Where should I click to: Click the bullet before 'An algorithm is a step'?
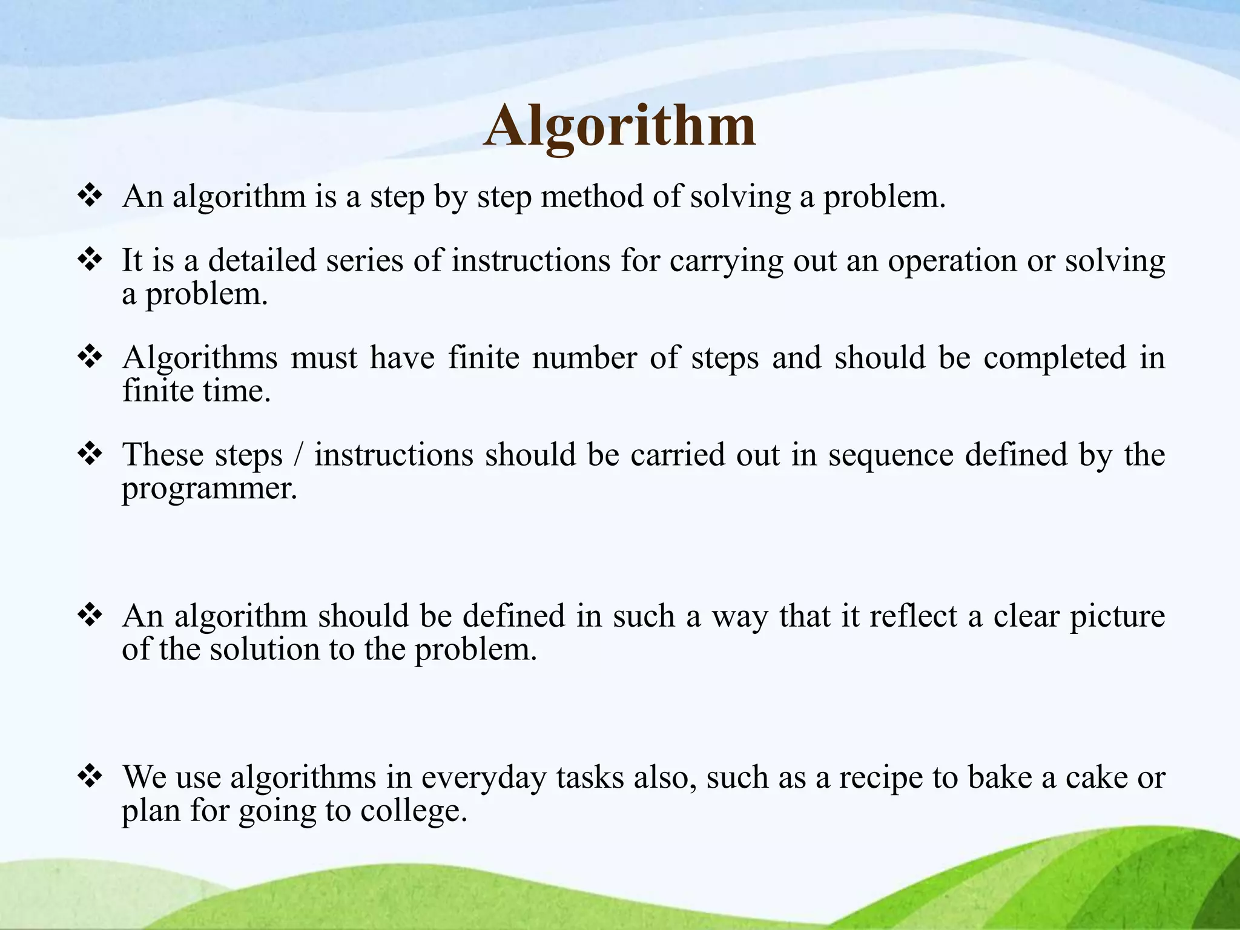click(90, 196)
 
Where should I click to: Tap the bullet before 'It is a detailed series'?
click(90, 260)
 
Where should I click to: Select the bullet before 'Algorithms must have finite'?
click(90, 357)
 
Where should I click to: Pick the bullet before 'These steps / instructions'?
click(90, 453)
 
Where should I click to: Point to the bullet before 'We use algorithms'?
click(90, 776)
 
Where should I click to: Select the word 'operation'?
click(952, 262)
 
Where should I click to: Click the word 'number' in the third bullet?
click(584, 357)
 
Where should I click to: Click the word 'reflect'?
click(913, 616)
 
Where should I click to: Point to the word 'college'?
click(413, 811)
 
